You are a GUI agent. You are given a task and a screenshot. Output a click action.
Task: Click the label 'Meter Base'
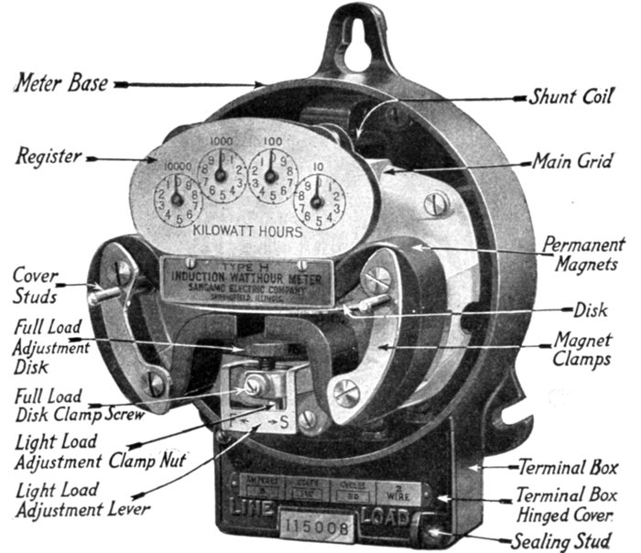coord(60,83)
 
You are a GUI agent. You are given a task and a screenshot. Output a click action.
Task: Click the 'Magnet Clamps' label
coord(583,349)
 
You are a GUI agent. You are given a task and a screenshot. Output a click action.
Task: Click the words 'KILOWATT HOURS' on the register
coord(248,233)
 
